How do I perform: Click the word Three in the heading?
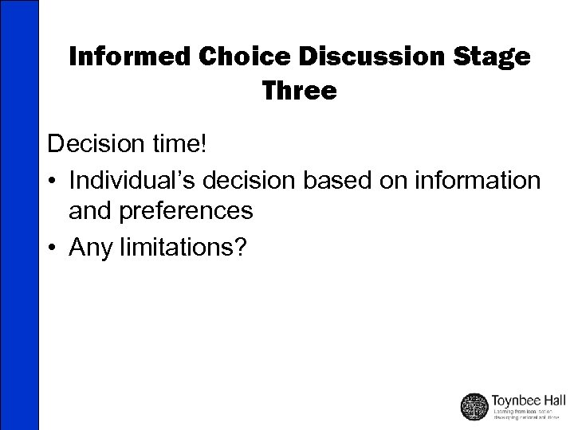pos(299,91)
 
